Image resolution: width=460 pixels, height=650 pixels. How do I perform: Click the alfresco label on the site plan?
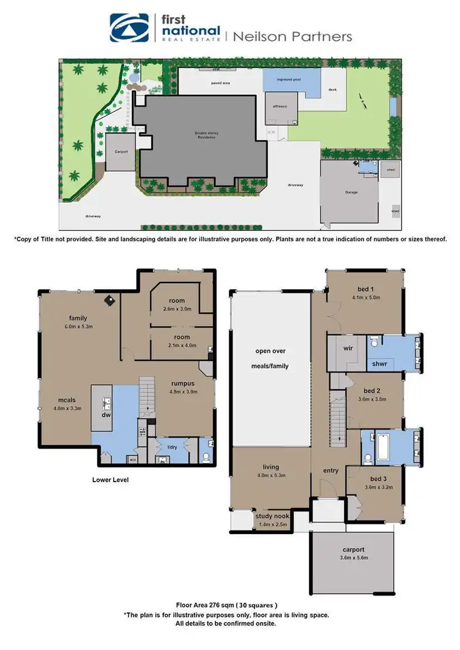(280, 106)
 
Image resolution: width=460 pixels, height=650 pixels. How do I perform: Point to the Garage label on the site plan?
(351, 192)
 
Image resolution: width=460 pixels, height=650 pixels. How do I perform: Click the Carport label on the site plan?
(120, 152)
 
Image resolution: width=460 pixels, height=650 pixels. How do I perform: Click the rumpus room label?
(183, 384)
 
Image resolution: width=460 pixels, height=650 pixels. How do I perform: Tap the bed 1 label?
(366, 290)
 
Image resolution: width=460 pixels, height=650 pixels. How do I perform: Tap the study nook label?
(270, 516)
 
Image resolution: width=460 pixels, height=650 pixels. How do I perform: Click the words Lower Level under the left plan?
(110, 480)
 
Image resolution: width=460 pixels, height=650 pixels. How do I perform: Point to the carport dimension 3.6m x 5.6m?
(353, 558)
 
